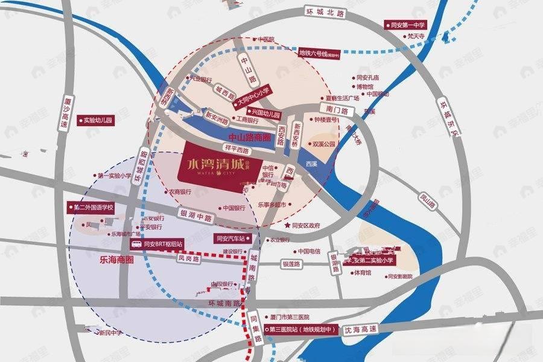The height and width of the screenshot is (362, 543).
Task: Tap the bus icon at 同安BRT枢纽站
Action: click(138, 245)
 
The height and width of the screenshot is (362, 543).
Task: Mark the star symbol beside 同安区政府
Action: click(287, 225)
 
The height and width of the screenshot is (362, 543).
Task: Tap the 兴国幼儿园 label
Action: click(265, 113)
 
